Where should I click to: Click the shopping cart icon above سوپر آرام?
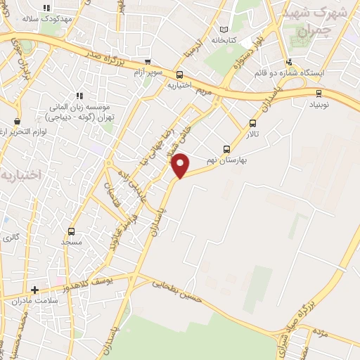coord(147,62)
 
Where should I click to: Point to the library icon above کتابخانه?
coord(224,30)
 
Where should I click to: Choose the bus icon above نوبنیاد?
coord(319,92)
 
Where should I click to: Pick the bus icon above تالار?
coord(252,122)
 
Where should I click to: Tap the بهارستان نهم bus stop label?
coord(226,160)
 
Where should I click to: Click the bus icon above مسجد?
coord(71,231)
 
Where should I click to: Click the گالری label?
coord(11,238)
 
